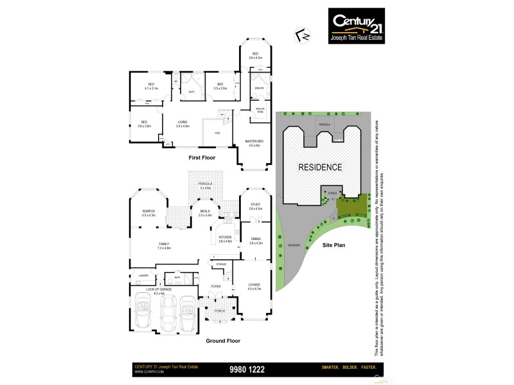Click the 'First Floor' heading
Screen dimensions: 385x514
click(202, 157)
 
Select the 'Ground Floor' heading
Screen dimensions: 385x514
click(223, 341)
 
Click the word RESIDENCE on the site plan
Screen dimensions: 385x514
click(320, 167)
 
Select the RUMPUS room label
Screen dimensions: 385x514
click(149, 212)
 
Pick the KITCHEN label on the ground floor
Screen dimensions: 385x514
click(224, 239)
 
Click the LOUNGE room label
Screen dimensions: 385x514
click(254, 287)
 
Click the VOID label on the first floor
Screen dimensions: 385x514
click(217, 133)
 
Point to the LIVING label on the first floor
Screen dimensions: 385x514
click(182, 123)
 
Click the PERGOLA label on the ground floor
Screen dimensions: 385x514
click(205, 185)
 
